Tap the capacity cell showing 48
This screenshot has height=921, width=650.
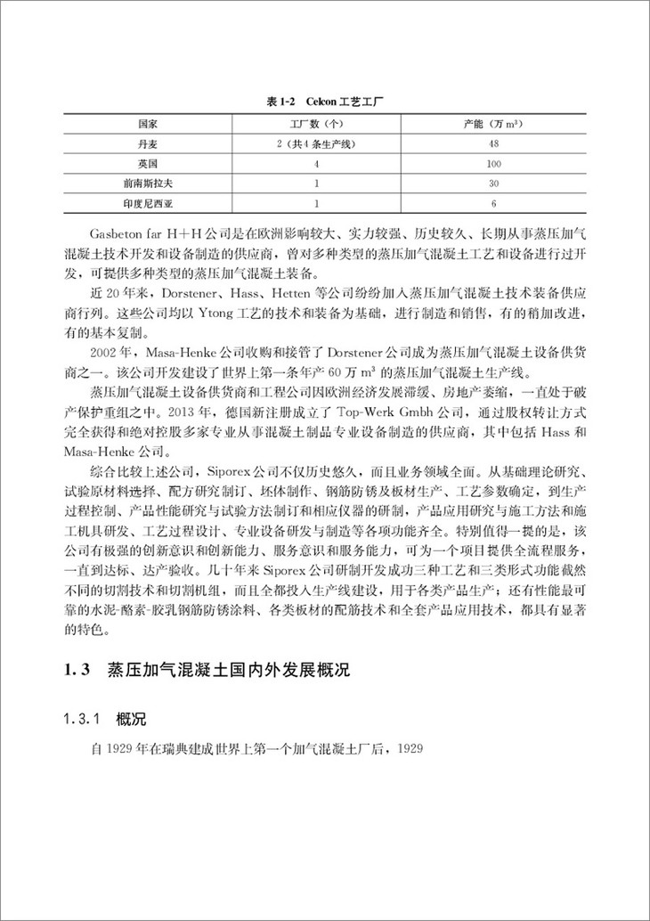pos(495,144)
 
